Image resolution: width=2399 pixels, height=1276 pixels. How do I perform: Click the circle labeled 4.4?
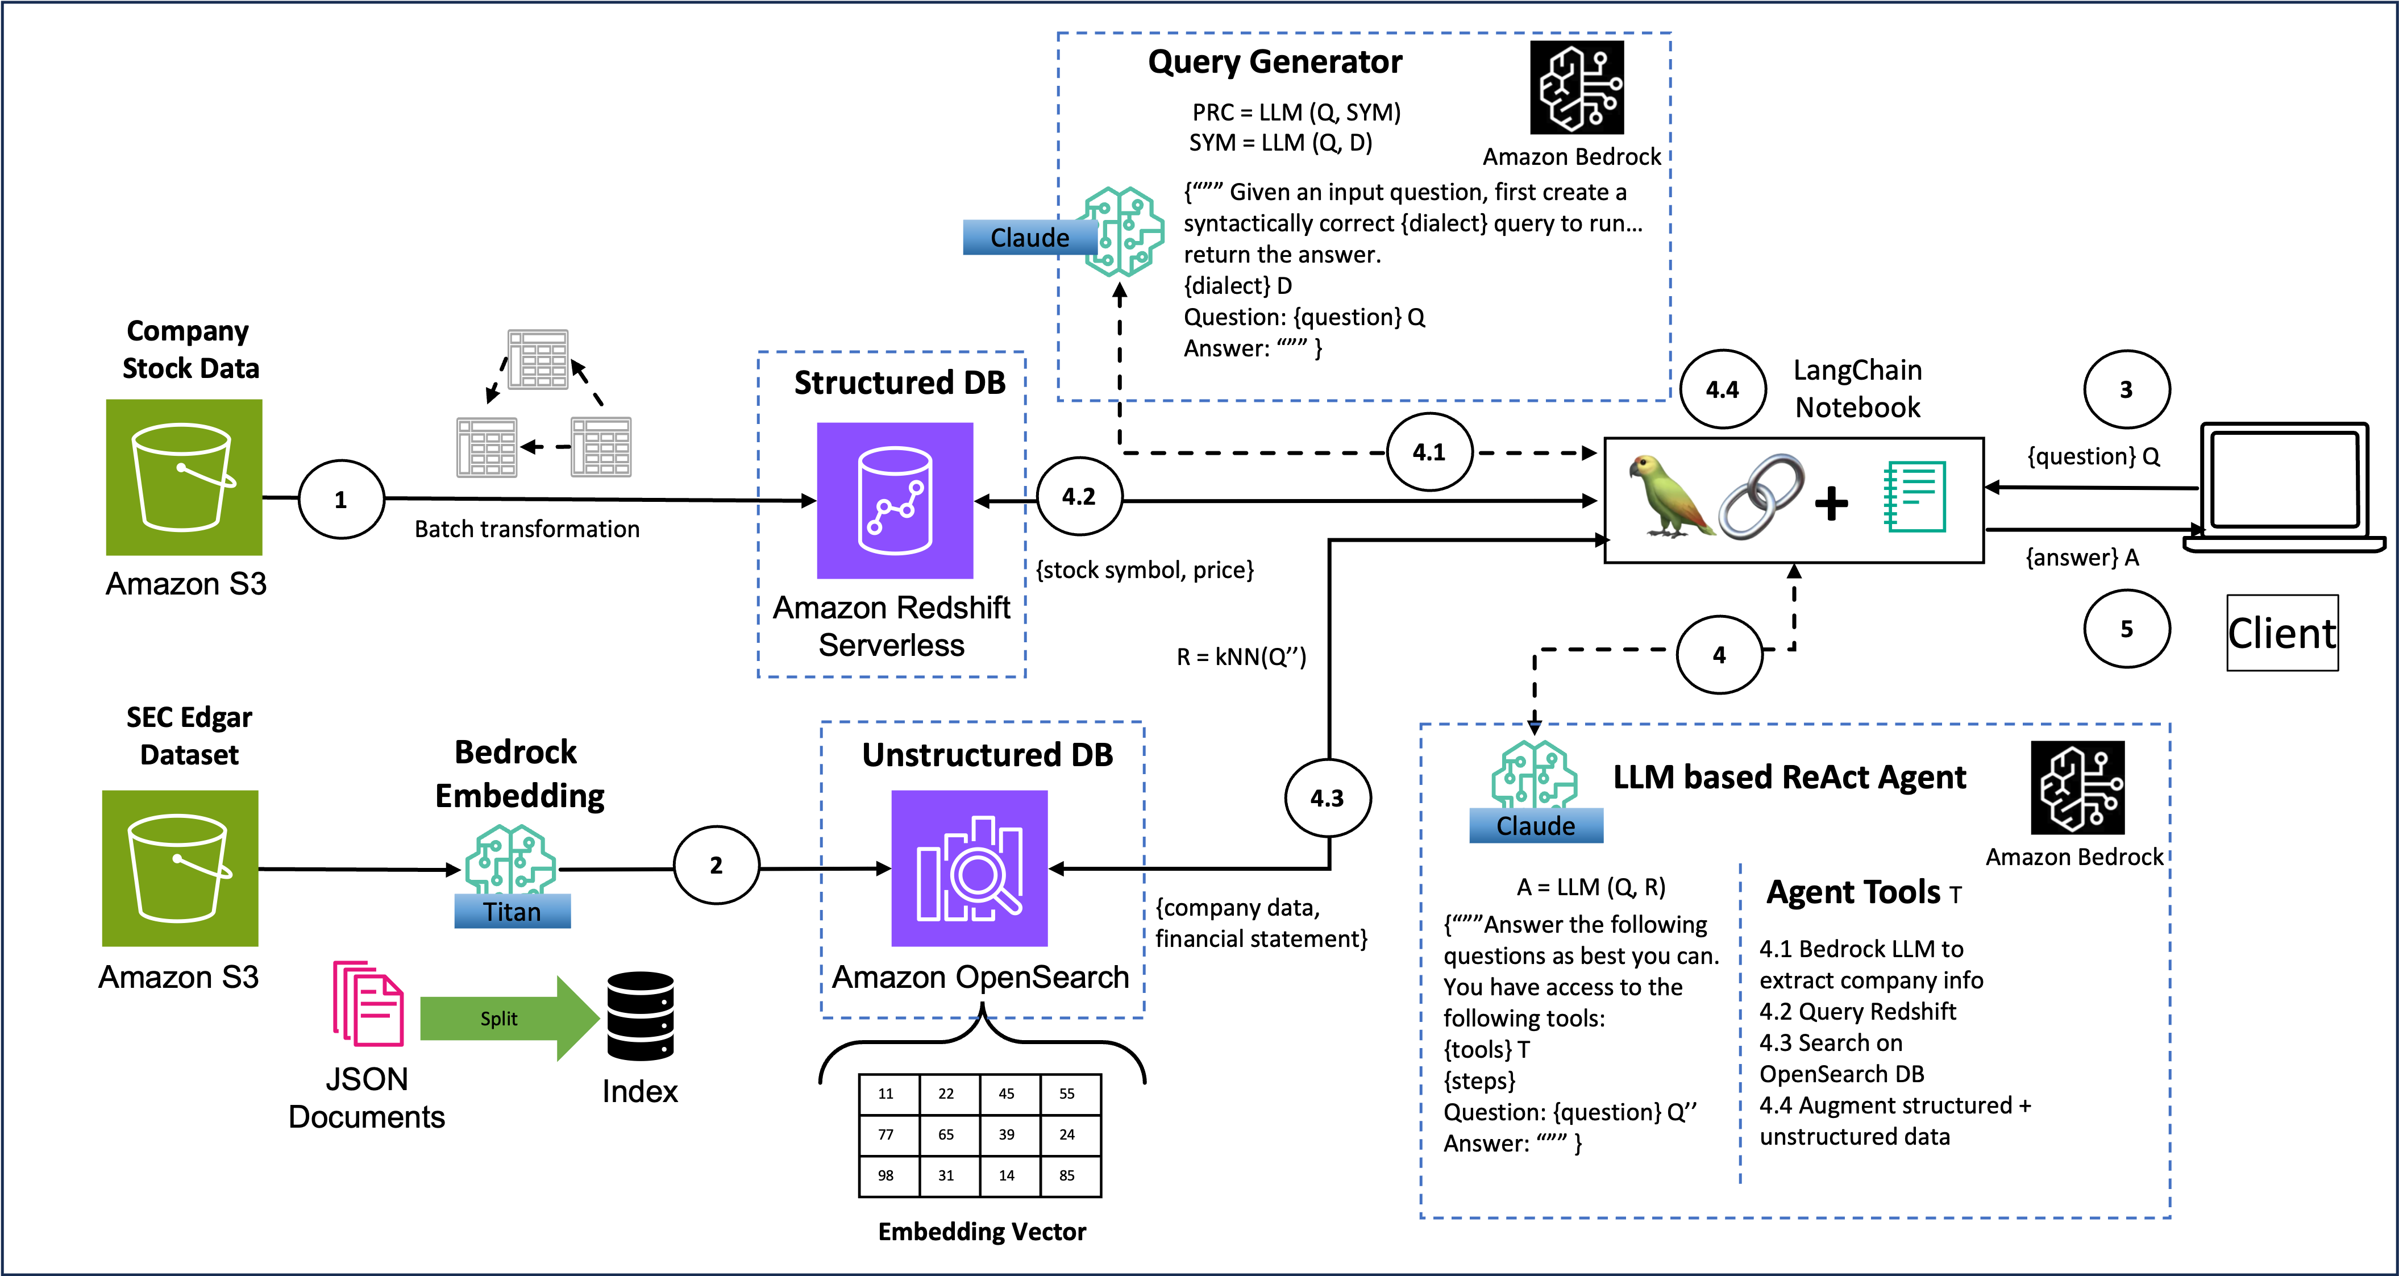tap(1722, 389)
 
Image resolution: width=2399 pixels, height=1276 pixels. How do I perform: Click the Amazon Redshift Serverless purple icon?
tap(895, 501)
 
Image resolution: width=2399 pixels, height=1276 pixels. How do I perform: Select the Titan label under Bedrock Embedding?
tap(512, 911)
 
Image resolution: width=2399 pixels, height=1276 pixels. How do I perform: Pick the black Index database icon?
tap(640, 1016)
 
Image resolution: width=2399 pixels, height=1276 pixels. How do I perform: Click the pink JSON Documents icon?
tap(368, 1004)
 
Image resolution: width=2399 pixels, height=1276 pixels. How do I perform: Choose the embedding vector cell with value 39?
tap(1007, 1134)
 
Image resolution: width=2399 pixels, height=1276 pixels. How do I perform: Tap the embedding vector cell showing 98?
tap(885, 1175)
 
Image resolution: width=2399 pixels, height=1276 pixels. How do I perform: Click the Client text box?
tap(2282, 633)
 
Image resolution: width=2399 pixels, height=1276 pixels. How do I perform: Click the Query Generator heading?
tap(1274, 61)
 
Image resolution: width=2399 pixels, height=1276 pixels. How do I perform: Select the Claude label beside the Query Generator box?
tap(1029, 238)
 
